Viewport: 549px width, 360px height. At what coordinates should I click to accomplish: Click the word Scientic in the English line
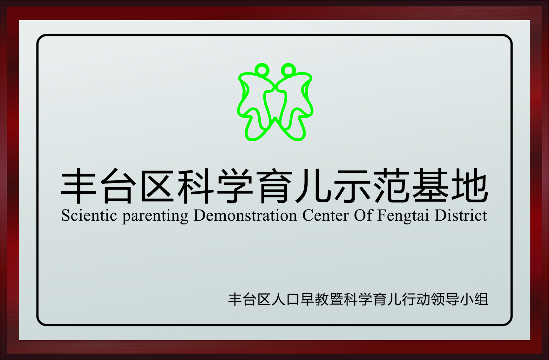point(89,216)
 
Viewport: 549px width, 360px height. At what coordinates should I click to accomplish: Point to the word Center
point(325,216)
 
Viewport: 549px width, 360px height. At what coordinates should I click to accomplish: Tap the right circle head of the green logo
point(288,70)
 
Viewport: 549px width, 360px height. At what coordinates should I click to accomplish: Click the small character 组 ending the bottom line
point(481,299)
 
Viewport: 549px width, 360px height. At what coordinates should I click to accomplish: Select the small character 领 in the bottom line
point(438,299)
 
